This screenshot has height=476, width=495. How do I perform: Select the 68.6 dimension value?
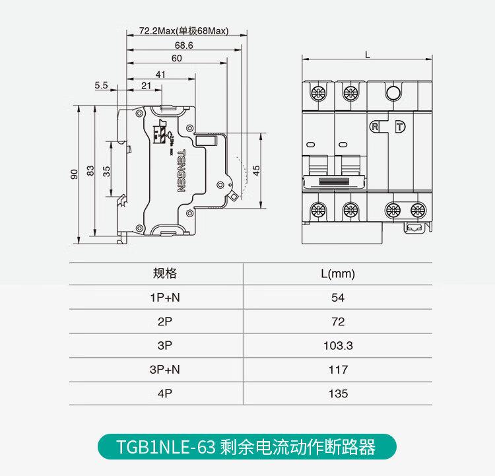(x=184, y=45)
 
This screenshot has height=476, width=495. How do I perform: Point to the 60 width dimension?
(x=176, y=58)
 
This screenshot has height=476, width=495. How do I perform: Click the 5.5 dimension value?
(x=101, y=85)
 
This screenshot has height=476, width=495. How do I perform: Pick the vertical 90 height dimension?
(x=75, y=173)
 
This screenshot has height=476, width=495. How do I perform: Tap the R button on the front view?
(x=376, y=126)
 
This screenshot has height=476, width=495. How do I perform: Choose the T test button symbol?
(x=399, y=127)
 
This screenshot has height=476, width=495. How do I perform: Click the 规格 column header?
(x=165, y=273)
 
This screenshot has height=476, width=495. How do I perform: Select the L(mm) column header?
(x=338, y=273)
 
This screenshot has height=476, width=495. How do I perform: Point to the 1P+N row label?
(x=165, y=298)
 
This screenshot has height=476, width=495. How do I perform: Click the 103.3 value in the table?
(x=338, y=346)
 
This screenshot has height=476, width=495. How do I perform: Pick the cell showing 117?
(x=338, y=370)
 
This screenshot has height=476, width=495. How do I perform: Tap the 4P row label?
(x=165, y=393)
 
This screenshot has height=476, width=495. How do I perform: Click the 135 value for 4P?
(x=338, y=393)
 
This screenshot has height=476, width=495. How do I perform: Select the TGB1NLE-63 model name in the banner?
(x=166, y=448)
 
